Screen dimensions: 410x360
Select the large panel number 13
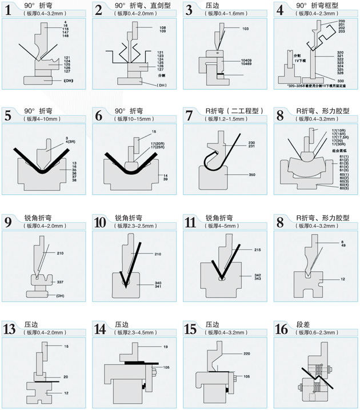pyautogui.click(x=10, y=329)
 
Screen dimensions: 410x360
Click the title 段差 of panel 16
pyautogui.click(x=303, y=324)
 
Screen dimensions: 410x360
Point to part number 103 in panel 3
pyautogui.click(x=245, y=28)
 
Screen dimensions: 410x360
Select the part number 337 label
pyautogui.click(x=60, y=282)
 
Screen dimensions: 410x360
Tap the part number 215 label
pyautogui.click(x=257, y=250)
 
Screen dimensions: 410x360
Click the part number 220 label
pyautogui.click(x=247, y=354)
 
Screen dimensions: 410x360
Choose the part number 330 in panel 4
pyautogui.click(x=341, y=81)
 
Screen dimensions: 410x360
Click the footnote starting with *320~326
pyautogui.click(x=317, y=86)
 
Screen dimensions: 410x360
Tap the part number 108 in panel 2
pyautogui.click(x=163, y=27)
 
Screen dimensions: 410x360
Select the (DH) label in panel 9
pyautogui.click(x=59, y=295)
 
